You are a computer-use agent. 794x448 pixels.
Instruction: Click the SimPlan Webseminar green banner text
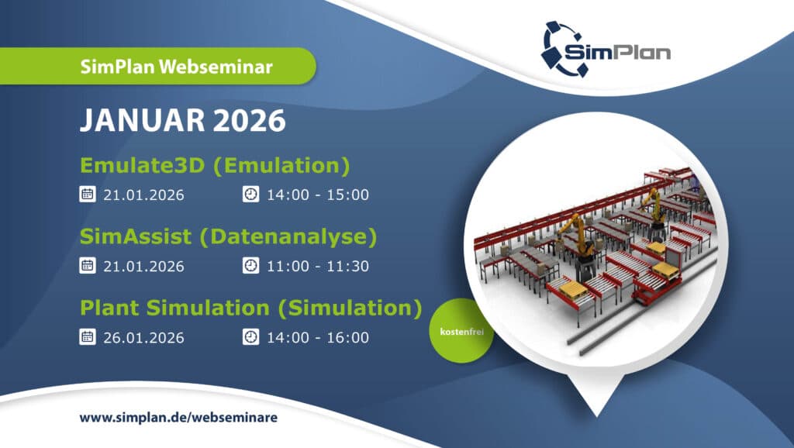176,67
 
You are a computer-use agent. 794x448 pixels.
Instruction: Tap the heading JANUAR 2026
183,120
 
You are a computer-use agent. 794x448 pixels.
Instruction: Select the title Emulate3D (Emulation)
215,166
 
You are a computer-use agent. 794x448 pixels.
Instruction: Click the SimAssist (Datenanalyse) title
229,237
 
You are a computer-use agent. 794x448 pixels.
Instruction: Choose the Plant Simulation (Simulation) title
250,308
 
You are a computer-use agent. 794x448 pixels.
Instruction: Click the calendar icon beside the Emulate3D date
88,194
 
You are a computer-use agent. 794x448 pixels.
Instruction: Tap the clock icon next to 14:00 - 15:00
250,194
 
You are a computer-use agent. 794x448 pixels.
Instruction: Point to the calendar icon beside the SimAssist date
88,265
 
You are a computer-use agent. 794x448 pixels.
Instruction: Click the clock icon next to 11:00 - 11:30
250,265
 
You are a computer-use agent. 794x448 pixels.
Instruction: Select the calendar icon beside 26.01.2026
88,336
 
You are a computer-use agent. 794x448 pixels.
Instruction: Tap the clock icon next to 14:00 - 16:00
250,336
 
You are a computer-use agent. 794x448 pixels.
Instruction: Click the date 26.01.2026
143,338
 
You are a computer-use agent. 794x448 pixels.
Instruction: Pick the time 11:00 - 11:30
318,267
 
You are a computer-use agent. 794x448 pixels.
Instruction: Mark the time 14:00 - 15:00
318,195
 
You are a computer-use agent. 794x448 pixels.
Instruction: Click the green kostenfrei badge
461,331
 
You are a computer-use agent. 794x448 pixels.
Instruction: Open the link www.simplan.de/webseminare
178,418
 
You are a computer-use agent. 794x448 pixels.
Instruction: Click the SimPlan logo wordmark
617,52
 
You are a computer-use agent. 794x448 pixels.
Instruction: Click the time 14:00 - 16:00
318,338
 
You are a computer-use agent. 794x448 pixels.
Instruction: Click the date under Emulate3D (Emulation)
143,195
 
